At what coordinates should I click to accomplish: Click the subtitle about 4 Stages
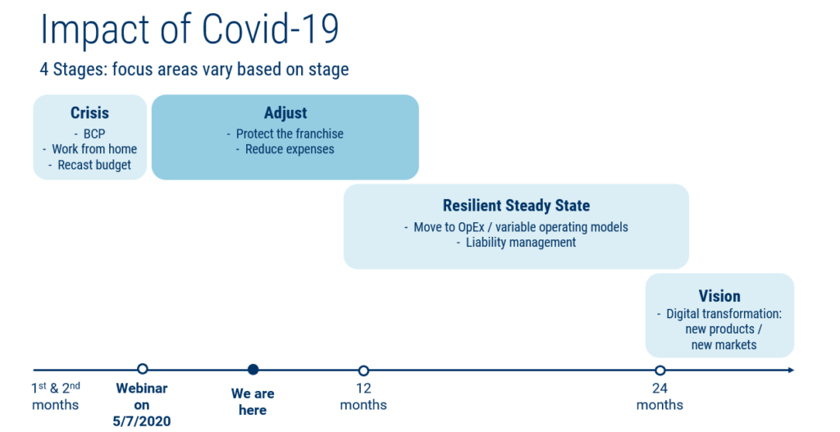pyautogui.click(x=194, y=69)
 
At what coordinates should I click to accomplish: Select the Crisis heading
pyautogui.click(x=89, y=113)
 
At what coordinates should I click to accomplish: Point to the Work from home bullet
pyautogui.click(x=90, y=149)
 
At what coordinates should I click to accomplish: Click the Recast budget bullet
pyautogui.click(x=90, y=165)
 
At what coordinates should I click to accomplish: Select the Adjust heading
pyautogui.click(x=285, y=113)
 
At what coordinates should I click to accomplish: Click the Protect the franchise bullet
pyautogui.click(x=285, y=134)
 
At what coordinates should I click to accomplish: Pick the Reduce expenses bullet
pyautogui.click(x=285, y=149)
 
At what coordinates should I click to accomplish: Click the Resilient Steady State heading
pyautogui.click(x=516, y=206)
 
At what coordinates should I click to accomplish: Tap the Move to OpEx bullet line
pyautogui.click(x=516, y=226)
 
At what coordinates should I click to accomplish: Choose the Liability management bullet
pyautogui.click(x=516, y=243)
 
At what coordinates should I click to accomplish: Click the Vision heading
pyautogui.click(x=719, y=296)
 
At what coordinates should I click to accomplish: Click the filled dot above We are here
pyautogui.click(x=253, y=370)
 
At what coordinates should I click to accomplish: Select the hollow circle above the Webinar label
pyautogui.click(x=143, y=370)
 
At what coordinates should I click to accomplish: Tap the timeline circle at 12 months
pyautogui.click(x=363, y=371)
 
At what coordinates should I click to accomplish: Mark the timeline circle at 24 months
pyautogui.click(x=660, y=371)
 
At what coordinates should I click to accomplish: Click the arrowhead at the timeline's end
pyautogui.click(x=790, y=371)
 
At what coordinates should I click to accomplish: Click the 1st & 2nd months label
pyautogui.click(x=56, y=396)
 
